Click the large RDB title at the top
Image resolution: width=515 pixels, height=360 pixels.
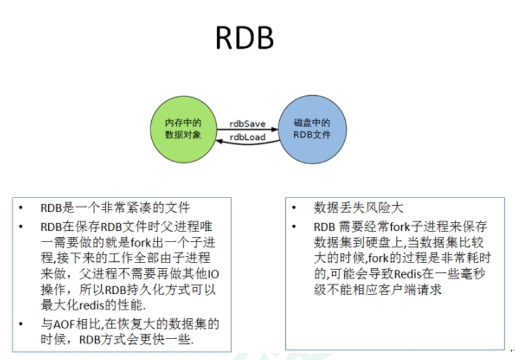point(244,37)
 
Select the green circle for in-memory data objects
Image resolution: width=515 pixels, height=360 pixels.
point(183,129)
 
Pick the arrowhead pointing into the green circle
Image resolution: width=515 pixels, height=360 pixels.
point(219,140)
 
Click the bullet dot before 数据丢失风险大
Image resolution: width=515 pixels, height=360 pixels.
point(294,208)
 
